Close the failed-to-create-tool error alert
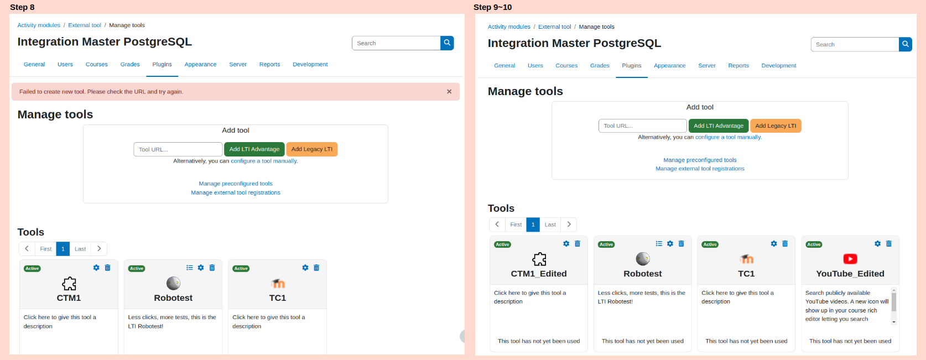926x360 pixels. pos(449,92)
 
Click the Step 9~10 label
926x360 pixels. pos(492,7)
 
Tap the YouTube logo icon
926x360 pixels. pos(850,259)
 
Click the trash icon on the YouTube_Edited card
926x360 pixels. pos(889,244)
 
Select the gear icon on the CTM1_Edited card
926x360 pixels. pos(566,244)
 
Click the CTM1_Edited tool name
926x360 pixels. pos(539,274)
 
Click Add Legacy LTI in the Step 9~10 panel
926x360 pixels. pos(776,126)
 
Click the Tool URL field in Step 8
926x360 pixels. pos(178,149)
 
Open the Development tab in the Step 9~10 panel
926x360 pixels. pos(778,65)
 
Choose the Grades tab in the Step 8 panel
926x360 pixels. pos(130,65)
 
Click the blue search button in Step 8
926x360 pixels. pos(447,43)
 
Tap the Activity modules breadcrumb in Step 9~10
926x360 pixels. pos(509,27)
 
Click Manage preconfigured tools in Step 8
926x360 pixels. pos(236,184)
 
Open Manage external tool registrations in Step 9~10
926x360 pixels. pos(700,169)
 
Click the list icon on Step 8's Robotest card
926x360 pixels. pos(189,268)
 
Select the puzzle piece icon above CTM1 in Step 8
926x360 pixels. pos(69,284)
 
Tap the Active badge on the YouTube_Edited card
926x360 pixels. pos(814,244)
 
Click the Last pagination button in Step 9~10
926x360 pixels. pos(550,225)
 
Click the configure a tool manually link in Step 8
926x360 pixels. pos(264,161)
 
